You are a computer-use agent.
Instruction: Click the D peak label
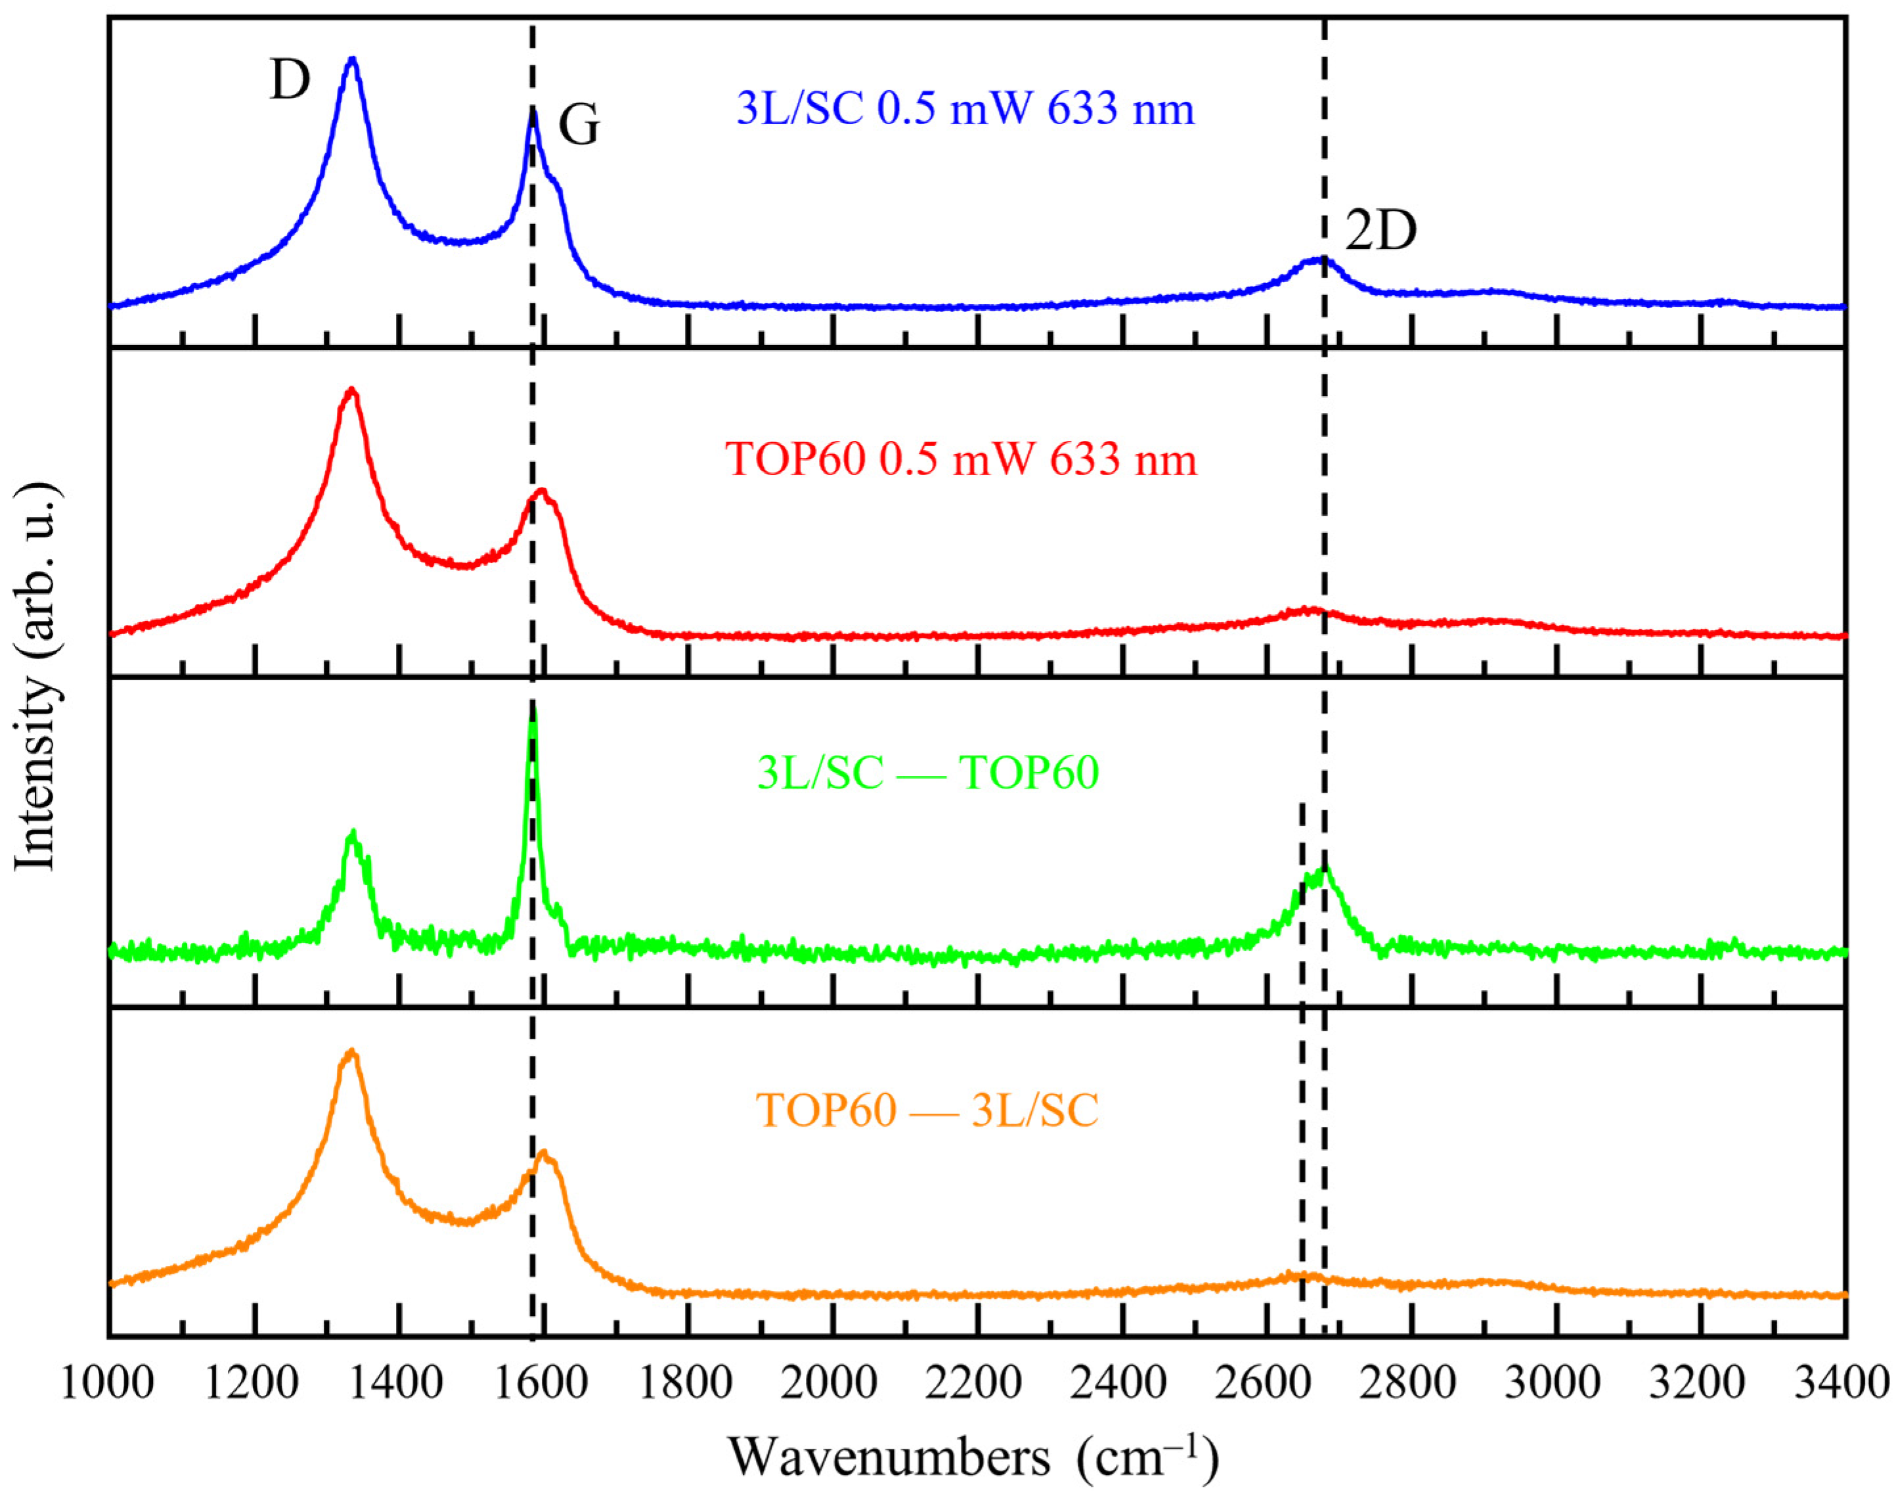click(290, 81)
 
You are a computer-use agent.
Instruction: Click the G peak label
click(579, 125)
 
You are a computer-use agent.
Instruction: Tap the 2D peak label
click(1381, 232)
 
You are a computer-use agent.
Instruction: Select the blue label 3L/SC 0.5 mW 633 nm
click(966, 110)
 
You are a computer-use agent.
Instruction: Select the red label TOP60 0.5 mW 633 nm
click(961, 459)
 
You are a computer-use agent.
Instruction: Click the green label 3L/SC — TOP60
click(928, 773)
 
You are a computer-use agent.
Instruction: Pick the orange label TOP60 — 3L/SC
click(928, 1110)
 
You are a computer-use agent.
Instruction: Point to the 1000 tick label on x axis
click(107, 1383)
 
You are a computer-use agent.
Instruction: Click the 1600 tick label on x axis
click(542, 1383)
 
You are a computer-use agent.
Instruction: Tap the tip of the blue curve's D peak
click(353, 59)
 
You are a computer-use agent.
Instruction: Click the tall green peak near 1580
click(532, 710)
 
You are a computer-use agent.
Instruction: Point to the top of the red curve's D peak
click(352, 389)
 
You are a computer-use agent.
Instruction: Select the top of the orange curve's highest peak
click(352, 1051)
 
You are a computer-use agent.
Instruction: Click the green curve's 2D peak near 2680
click(1325, 868)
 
